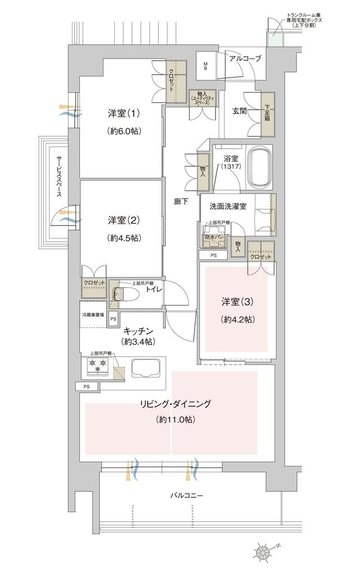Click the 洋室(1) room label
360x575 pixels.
(x=123, y=113)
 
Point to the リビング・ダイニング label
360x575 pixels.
(x=175, y=403)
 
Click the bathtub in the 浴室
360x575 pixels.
(x=259, y=168)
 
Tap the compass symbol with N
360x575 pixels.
(x=264, y=550)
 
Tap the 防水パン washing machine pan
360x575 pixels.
(x=214, y=238)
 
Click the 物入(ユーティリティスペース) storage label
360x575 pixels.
(x=200, y=98)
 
